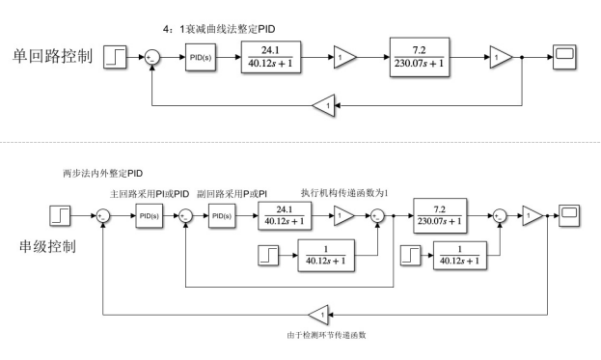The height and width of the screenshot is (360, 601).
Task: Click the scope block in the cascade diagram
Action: [x=569, y=213]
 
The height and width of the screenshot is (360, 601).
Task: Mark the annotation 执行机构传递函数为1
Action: [x=343, y=192]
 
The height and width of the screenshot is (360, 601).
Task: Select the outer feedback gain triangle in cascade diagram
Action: [x=320, y=313]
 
